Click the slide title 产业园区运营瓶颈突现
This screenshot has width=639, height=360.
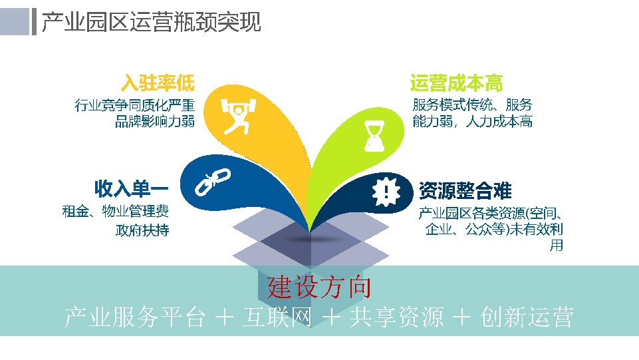152,22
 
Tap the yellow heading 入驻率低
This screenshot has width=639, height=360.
158,83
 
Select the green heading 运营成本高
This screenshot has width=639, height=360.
456,83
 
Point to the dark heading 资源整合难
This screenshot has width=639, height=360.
465,191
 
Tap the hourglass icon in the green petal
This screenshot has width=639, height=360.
370,135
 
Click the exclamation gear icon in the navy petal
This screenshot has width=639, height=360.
385,192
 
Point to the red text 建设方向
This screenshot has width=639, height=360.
319,287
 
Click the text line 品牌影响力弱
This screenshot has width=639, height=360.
155,121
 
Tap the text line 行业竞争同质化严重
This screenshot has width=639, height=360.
135,105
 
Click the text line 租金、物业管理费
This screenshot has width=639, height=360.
115,212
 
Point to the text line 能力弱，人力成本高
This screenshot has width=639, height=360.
472,121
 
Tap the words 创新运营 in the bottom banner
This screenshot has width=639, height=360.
526,317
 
